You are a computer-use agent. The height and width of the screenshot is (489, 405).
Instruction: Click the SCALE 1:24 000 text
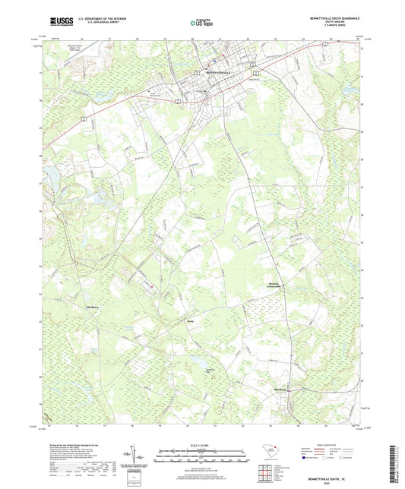(x=201, y=444)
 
